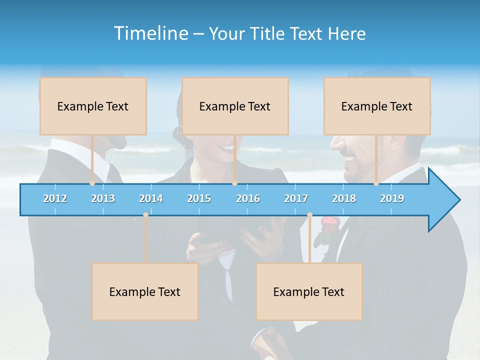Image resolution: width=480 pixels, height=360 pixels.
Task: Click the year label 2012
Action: [x=55, y=198]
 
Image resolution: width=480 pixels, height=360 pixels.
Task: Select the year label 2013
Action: [x=103, y=198]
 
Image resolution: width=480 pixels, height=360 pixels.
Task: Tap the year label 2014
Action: [x=151, y=198]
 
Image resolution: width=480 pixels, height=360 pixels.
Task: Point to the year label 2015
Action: [x=199, y=198]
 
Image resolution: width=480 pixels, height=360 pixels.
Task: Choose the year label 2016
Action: [x=248, y=198]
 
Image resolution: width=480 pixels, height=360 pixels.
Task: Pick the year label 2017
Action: [x=296, y=198]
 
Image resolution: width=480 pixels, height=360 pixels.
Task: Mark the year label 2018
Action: [x=344, y=198]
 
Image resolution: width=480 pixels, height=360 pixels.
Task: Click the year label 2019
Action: [x=392, y=198]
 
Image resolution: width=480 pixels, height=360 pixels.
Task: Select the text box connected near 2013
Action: [x=93, y=106]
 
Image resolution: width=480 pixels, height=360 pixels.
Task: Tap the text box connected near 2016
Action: [x=235, y=106]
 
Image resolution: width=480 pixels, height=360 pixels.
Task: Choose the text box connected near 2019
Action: [x=377, y=106]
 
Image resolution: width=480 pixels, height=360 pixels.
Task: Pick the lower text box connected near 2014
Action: [x=145, y=291]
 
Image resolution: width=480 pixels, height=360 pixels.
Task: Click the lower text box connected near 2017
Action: [x=309, y=291]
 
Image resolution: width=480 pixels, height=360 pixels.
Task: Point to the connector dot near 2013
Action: [x=92, y=183]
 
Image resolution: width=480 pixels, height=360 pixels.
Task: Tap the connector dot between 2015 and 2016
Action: [x=234, y=183]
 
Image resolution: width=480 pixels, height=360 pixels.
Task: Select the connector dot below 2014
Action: [x=145, y=215]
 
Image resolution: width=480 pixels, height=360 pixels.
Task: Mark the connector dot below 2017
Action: [x=309, y=215]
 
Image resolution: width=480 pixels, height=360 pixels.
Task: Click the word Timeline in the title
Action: [x=150, y=33]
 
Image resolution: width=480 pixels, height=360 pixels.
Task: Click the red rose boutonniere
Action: [x=328, y=223]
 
